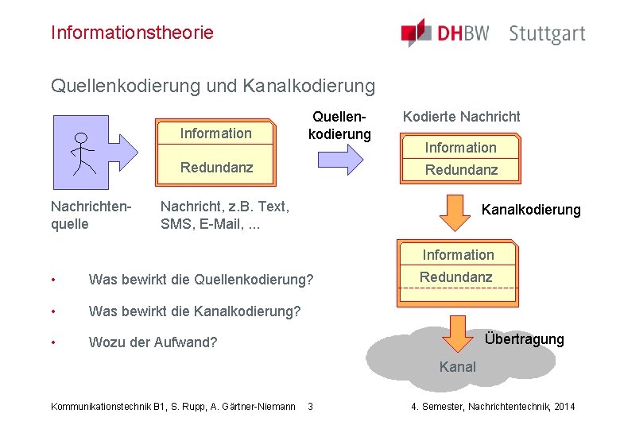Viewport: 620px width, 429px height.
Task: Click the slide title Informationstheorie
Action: [x=132, y=33]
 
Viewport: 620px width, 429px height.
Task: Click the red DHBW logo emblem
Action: [x=416, y=33]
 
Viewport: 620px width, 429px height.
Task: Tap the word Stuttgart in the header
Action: [x=547, y=34]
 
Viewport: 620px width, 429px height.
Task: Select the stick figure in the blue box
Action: [x=80, y=153]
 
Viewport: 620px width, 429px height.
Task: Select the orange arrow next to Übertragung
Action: [x=457, y=334]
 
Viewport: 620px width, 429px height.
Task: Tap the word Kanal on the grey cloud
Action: [x=458, y=367]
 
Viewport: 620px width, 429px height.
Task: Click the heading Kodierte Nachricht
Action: [x=461, y=117]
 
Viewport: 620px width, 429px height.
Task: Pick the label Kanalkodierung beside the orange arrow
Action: [x=531, y=210]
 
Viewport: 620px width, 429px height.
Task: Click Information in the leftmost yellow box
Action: [x=215, y=133]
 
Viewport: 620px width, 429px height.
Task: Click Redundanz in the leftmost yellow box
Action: [x=216, y=167]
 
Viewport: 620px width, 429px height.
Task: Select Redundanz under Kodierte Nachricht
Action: [x=461, y=170]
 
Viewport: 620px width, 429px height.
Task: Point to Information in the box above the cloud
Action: [x=458, y=255]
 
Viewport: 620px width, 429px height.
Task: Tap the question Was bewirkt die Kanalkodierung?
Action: [x=195, y=311]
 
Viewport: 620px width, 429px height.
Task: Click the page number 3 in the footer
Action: [x=310, y=407]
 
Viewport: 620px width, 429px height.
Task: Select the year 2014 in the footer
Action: [x=563, y=407]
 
